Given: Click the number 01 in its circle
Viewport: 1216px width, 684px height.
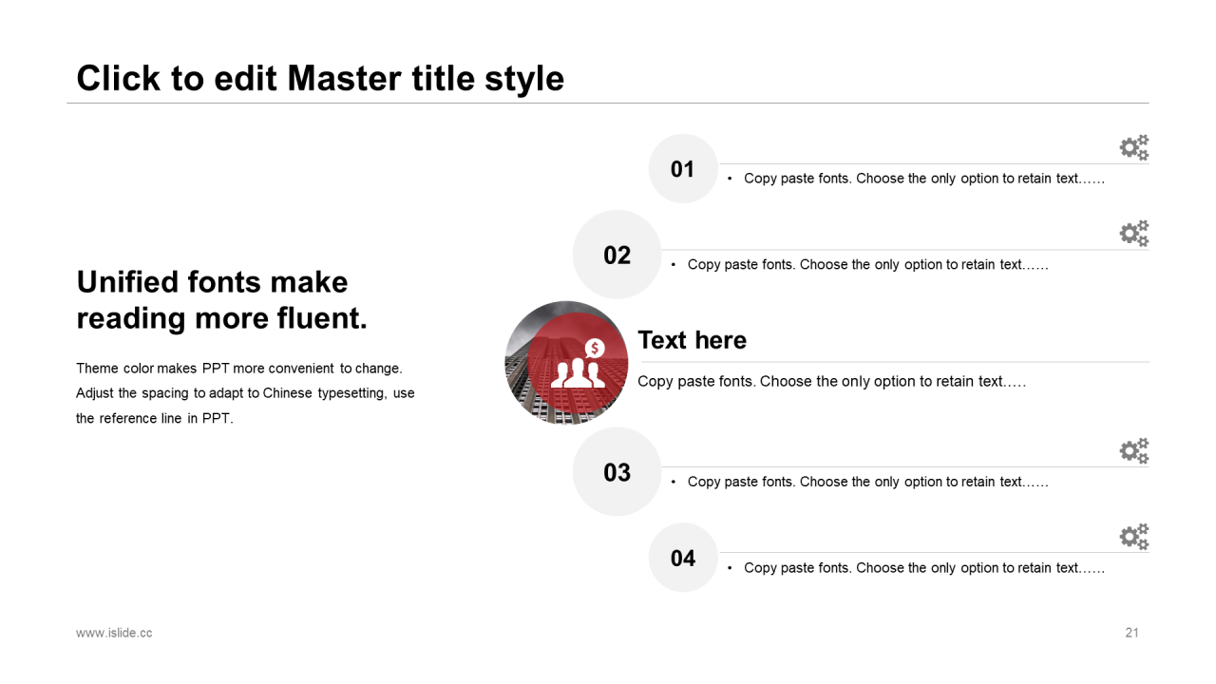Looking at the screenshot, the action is (x=682, y=169).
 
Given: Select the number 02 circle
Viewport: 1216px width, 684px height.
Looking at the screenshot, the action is (x=617, y=255).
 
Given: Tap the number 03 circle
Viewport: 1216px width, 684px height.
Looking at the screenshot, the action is (x=617, y=472).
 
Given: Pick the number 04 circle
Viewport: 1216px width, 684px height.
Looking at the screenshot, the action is (x=683, y=558).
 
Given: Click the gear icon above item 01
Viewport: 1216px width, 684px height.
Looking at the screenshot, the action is (x=1134, y=147).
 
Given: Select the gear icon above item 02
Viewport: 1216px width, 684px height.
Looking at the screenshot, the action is (x=1134, y=234).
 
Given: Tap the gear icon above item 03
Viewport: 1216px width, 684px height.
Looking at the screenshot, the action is (x=1134, y=451).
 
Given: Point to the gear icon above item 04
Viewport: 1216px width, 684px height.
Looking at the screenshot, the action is (x=1134, y=537).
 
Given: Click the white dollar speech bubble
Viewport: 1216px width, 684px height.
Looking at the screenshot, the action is (x=595, y=348).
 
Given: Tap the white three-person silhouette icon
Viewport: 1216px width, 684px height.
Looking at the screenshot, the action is (x=578, y=372).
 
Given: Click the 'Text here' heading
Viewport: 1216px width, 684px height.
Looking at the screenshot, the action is (x=693, y=340).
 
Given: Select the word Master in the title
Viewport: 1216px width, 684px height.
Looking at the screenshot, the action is (x=345, y=78).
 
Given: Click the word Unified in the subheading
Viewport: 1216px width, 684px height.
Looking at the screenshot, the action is (x=127, y=282).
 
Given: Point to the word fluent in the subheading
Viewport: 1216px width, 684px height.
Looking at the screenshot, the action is (x=322, y=318).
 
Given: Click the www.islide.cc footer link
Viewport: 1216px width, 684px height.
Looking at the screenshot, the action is (x=114, y=633).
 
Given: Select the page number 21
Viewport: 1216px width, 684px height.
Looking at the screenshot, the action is (x=1131, y=633).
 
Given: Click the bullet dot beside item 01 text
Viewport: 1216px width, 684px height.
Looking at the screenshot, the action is (x=730, y=179).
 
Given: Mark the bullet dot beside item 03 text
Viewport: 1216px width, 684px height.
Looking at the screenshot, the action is (x=674, y=482).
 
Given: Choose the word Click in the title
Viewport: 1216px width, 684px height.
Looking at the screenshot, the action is (x=119, y=78).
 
